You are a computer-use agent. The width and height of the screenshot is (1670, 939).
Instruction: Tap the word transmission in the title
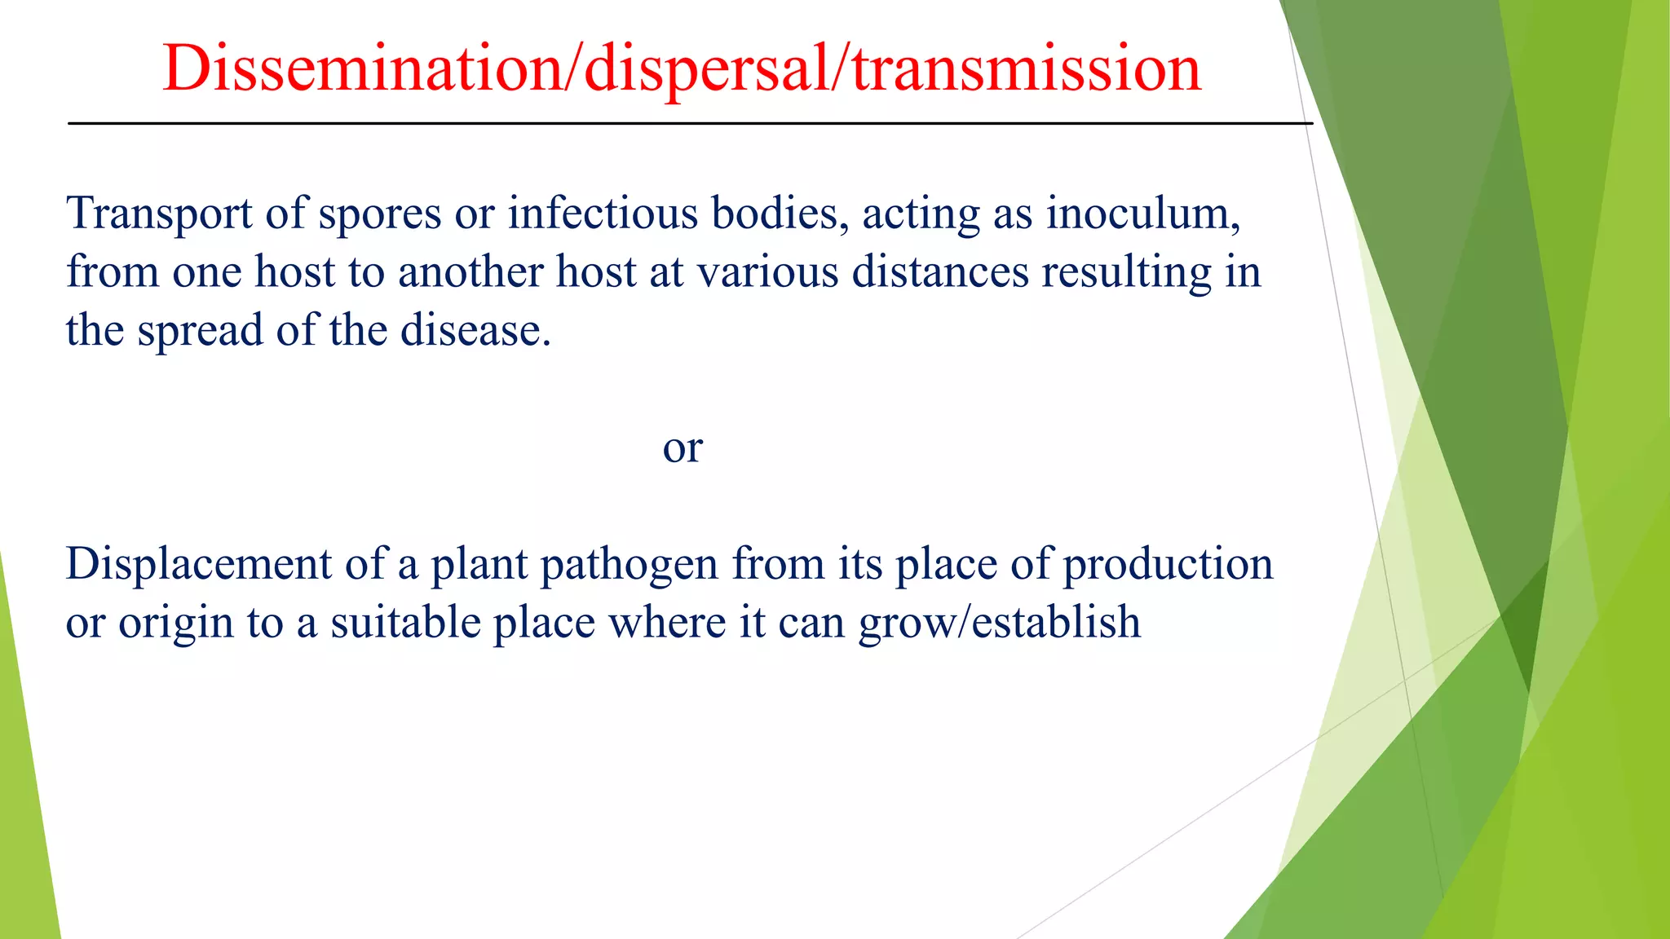1027,68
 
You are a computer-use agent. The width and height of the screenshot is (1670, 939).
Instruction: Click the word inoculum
1143,213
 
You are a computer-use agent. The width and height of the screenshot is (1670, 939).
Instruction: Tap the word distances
940,272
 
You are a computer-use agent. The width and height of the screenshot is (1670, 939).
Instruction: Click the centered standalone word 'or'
683,448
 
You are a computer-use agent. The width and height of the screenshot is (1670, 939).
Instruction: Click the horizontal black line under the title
689,124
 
